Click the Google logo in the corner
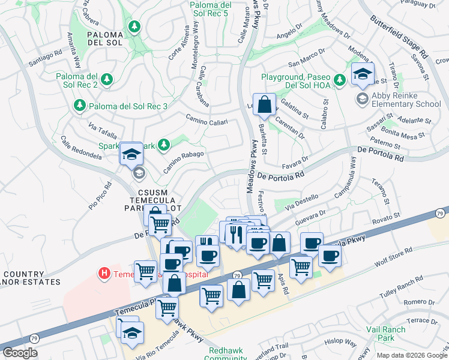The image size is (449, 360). coord(20,353)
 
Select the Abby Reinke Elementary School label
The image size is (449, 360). coord(406,99)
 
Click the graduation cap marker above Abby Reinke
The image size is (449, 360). coord(362,74)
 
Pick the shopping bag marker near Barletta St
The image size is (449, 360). coord(264,105)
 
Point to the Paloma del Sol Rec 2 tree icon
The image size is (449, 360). coord(107,79)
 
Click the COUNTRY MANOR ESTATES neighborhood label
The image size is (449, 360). coord(30,277)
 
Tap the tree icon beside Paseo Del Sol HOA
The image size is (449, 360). coord(339,79)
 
